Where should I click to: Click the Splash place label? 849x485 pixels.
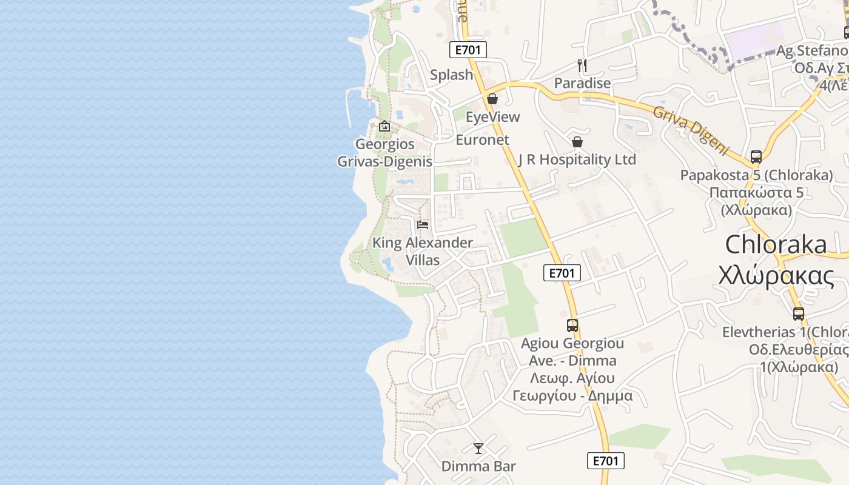click(x=451, y=75)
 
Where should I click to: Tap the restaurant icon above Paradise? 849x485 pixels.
click(x=582, y=65)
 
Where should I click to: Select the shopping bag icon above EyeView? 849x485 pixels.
click(x=492, y=99)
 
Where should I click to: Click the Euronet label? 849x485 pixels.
click(x=482, y=139)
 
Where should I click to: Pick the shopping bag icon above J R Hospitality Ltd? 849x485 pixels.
click(x=577, y=142)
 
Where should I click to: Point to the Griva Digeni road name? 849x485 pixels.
click(x=690, y=130)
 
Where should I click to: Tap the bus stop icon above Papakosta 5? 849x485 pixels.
click(x=756, y=156)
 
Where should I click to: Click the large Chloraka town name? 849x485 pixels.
click(x=776, y=244)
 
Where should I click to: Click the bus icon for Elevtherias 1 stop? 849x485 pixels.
click(x=799, y=314)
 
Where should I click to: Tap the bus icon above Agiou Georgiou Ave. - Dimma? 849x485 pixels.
click(x=572, y=325)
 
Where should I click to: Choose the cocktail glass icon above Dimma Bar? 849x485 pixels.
click(x=478, y=449)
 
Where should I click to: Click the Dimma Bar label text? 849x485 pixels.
click(x=478, y=466)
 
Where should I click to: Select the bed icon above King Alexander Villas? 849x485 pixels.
click(x=423, y=225)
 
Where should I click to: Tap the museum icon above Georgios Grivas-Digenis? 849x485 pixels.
click(x=384, y=127)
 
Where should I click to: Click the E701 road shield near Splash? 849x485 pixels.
click(x=468, y=50)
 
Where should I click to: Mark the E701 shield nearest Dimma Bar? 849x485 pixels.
click(x=605, y=461)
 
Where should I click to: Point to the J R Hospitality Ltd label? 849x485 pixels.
click(x=577, y=159)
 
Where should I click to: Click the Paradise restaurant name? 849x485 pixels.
click(x=582, y=82)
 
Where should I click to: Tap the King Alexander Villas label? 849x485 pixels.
click(x=423, y=251)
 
